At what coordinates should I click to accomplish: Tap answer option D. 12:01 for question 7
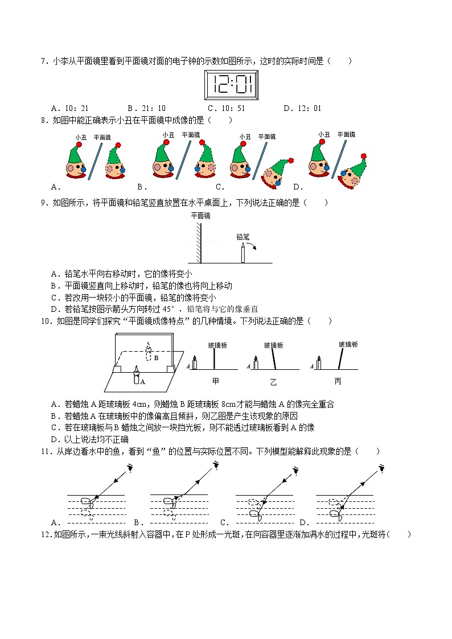click(302, 108)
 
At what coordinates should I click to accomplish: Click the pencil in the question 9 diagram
click(243, 253)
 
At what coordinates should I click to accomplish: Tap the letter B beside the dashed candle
click(156, 358)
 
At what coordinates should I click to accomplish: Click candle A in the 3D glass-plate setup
click(137, 377)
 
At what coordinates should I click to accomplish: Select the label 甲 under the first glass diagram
click(215, 380)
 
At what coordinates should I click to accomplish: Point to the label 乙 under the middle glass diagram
click(273, 380)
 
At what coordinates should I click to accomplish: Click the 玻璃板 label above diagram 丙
click(348, 344)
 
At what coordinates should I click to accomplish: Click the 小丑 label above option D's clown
click(324, 135)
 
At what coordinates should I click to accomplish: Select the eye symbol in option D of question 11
click(383, 469)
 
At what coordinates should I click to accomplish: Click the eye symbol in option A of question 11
click(130, 468)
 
